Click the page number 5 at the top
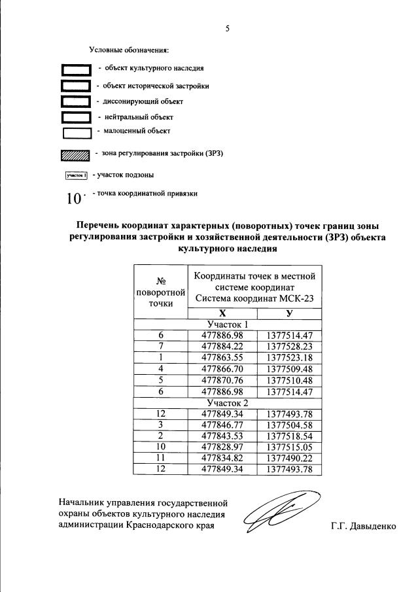coord(227,29)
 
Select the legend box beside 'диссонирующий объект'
coord(75,102)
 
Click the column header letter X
coord(223,313)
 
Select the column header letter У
coord(288,313)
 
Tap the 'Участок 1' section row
coord(228,324)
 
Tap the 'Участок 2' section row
coord(228,403)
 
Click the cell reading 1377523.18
coord(288,358)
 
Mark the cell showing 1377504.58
coord(288,425)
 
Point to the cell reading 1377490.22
coord(288,459)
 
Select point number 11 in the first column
coord(160,459)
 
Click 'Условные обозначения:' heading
coord(129,50)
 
